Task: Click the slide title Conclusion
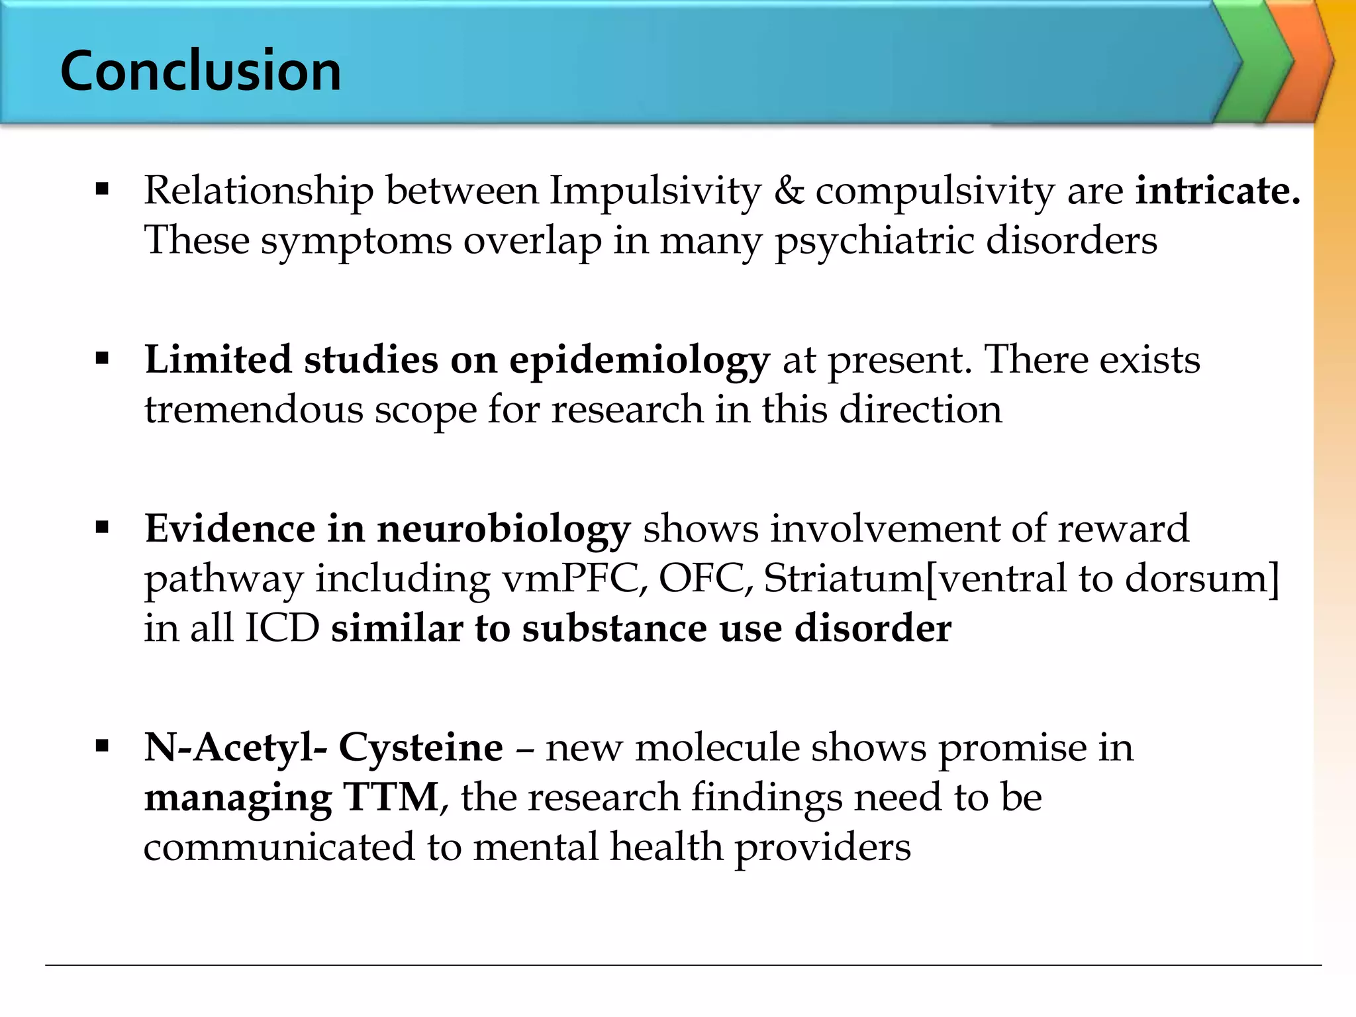tap(201, 71)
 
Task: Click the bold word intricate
tap(1218, 191)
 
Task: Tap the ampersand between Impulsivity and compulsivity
tap(788, 191)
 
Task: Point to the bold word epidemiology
tap(639, 361)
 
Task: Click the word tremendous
tap(254, 409)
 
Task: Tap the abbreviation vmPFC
tap(574, 579)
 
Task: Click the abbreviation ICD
tap(282, 628)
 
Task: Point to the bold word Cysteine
tap(420, 748)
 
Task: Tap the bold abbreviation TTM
tap(391, 797)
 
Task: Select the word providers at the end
tap(823, 847)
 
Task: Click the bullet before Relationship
tap(102, 191)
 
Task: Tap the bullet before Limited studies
tap(102, 360)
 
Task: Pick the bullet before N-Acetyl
tap(102, 748)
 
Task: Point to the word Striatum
tap(842, 579)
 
